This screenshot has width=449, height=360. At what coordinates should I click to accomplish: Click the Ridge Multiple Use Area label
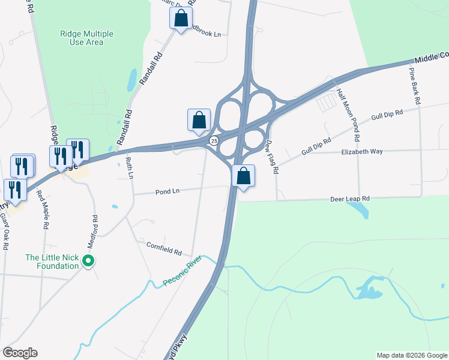[86, 37]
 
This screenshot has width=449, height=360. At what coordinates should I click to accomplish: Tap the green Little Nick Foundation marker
[88, 260]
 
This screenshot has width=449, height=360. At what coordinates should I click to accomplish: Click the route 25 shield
[214, 140]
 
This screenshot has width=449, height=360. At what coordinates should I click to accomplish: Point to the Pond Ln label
[167, 191]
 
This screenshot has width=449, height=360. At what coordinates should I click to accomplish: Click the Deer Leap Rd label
[350, 199]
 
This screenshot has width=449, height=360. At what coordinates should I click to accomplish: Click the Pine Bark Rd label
[414, 86]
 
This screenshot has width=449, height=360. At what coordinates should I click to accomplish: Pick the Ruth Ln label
[128, 167]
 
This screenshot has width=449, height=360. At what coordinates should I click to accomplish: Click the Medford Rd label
[94, 232]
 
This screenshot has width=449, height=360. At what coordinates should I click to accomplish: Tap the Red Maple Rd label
[42, 209]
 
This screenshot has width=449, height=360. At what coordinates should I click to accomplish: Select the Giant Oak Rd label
[5, 233]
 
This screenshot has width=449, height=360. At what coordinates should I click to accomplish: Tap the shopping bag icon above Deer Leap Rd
[243, 176]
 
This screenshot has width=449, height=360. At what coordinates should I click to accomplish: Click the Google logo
[20, 353]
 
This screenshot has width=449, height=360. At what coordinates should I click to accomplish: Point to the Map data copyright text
[412, 355]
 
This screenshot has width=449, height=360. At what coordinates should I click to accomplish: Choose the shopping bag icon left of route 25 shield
[199, 119]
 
